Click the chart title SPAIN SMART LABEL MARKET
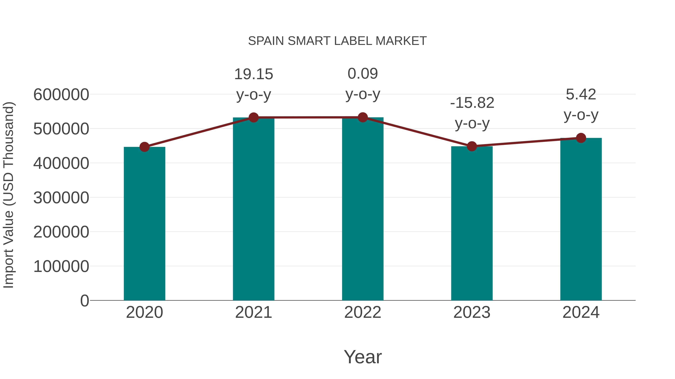(337, 41)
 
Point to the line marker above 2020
(144, 147)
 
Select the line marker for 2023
(472, 146)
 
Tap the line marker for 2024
(581, 138)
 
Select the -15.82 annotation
(472, 103)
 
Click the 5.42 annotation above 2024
(581, 95)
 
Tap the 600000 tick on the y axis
(61, 95)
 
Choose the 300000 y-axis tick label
(61, 198)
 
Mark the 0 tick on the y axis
(84, 301)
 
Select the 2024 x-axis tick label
(581, 312)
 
